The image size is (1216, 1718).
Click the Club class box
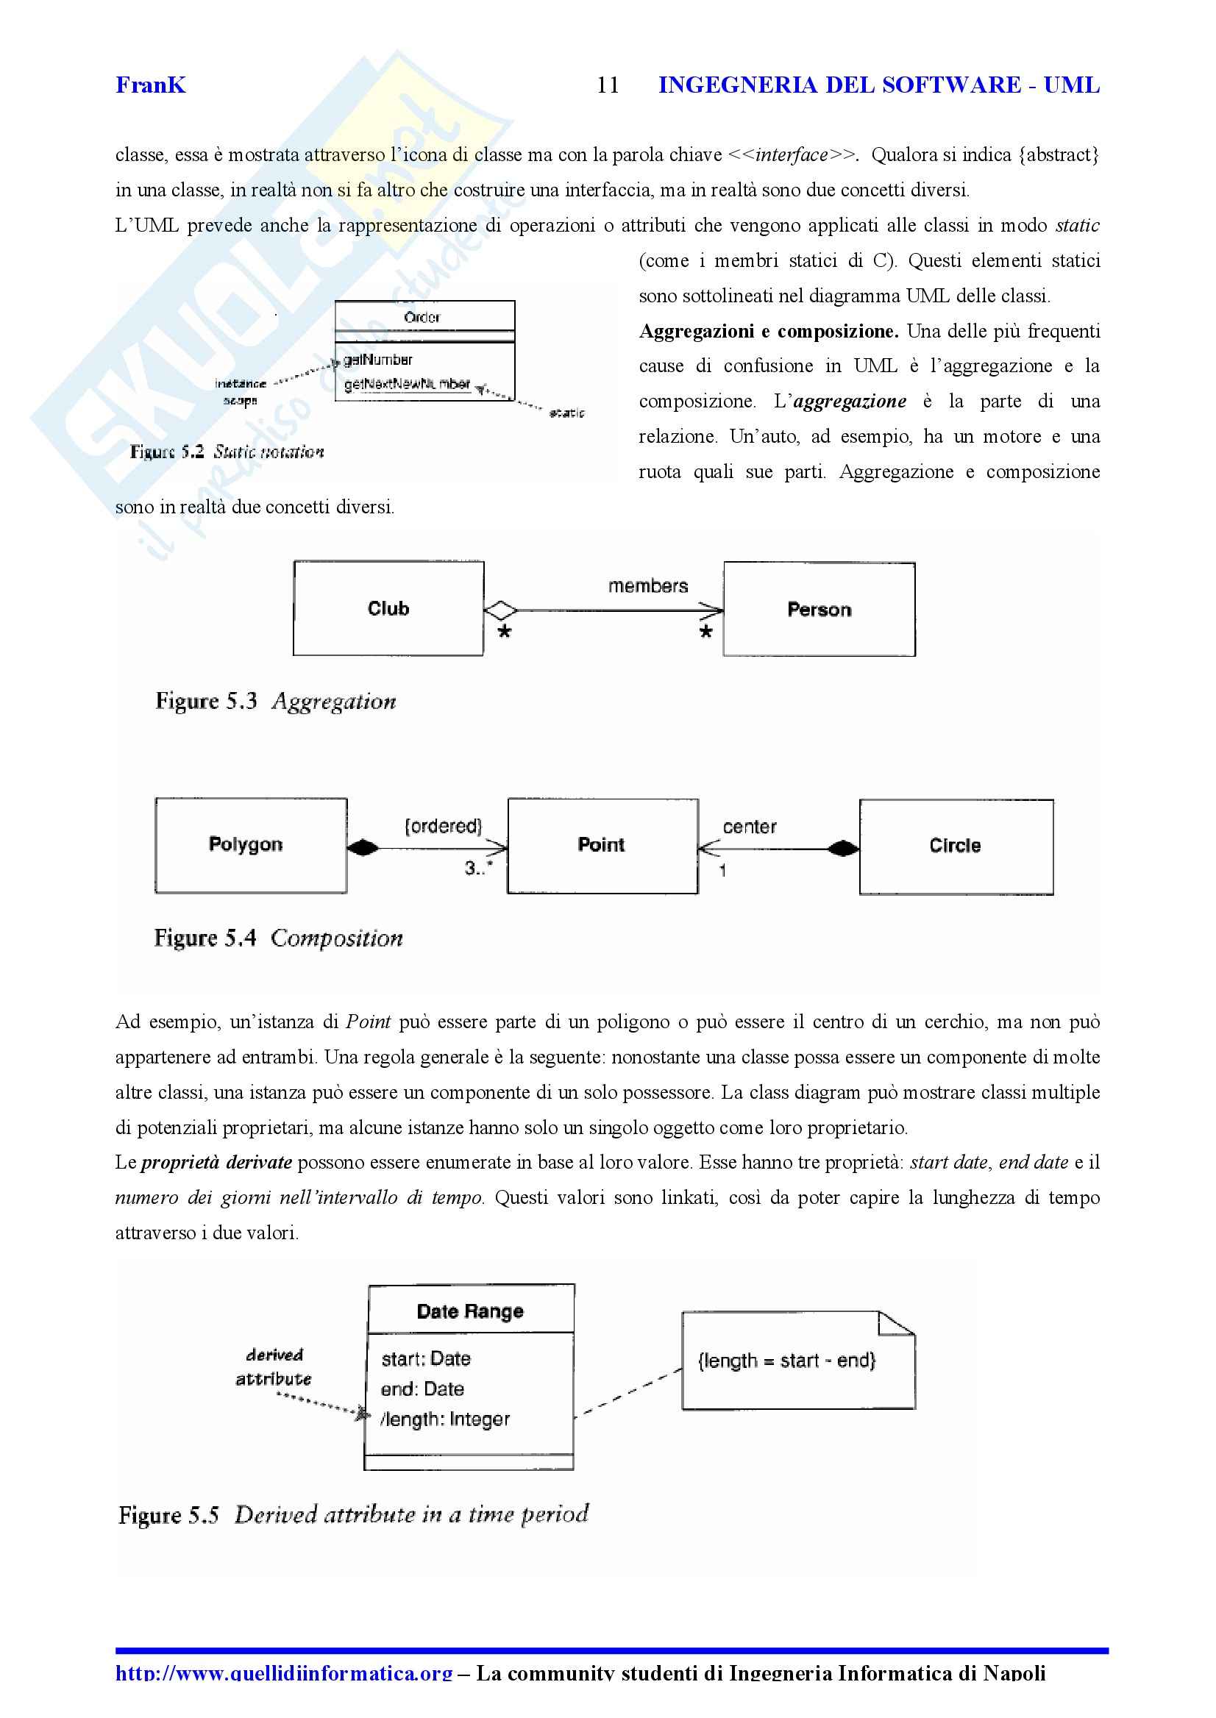[388, 608]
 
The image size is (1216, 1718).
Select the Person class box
[819, 610]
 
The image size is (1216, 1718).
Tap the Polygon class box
[251, 845]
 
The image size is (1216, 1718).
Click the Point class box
[602, 846]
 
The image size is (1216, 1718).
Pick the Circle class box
[956, 846]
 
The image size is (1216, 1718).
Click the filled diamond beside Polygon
[363, 847]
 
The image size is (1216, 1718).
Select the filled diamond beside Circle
[843, 848]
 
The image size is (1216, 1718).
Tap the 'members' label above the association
[647, 586]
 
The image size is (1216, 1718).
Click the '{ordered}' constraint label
[444, 826]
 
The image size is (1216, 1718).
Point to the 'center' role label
[749, 827]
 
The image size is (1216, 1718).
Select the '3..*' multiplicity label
[478, 869]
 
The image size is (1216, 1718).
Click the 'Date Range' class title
[470, 1311]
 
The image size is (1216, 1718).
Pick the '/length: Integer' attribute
[446, 1419]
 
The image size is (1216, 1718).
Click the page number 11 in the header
[608, 85]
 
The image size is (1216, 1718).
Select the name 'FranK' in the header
[151, 85]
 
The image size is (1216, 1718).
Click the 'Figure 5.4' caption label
[205, 938]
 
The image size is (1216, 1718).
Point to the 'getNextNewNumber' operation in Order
[407, 384]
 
